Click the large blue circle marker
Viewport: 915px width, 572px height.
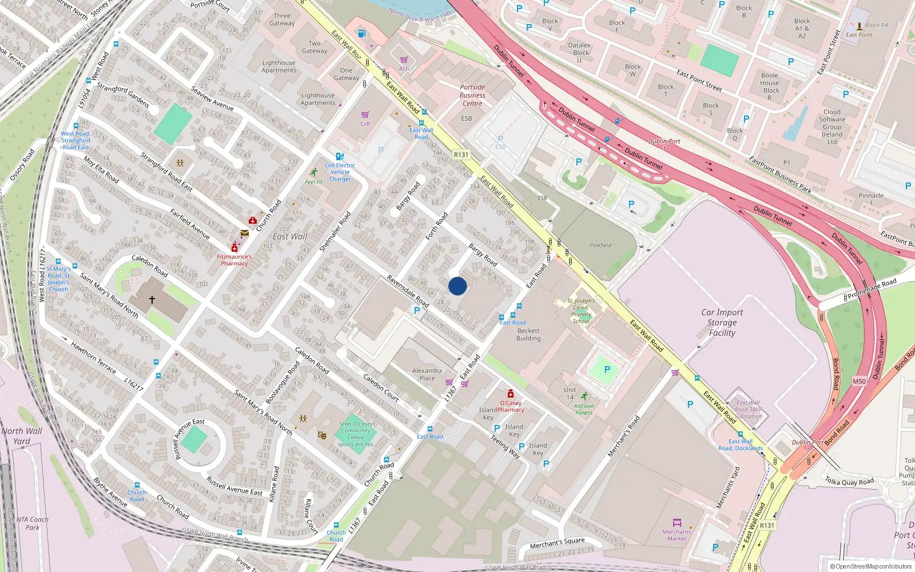pyautogui.click(x=457, y=286)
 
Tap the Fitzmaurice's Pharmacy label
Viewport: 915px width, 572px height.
pyautogui.click(x=234, y=260)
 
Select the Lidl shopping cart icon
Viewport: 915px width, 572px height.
pyautogui.click(x=365, y=115)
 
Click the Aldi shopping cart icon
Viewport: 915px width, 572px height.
pyautogui.click(x=404, y=60)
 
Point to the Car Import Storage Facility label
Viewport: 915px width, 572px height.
pyautogui.click(x=722, y=323)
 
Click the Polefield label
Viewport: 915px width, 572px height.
pyautogui.click(x=600, y=245)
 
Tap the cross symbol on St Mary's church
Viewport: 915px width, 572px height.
pyautogui.click(x=152, y=299)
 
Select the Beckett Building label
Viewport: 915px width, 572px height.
pyautogui.click(x=528, y=335)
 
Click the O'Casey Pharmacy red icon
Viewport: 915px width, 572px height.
pyautogui.click(x=511, y=394)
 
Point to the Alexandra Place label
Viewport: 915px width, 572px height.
pyautogui.click(x=427, y=375)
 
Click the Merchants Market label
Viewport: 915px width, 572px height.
pyautogui.click(x=677, y=535)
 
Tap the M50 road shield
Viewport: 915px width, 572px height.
pyautogui.click(x=859, y=382)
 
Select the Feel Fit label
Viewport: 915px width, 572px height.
pyautogui.click(x=313, y=182)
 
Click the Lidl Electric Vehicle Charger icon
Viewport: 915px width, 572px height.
pyautogui.click(x=340, y=156)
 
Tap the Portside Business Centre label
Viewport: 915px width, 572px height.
pyautogui.click(x=472, y=96)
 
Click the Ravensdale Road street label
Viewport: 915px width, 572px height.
pyautogui.click(x=408, y=291)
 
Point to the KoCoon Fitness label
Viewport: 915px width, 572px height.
pyautogui.click(x=584, y=410)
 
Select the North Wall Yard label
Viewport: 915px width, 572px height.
pyautogui.click(x=22, y=436)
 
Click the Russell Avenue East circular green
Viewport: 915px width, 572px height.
pyautogui.click(x=194, y=439)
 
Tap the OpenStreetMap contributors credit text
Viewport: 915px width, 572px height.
pyautogui.click(x=871, y=566)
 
